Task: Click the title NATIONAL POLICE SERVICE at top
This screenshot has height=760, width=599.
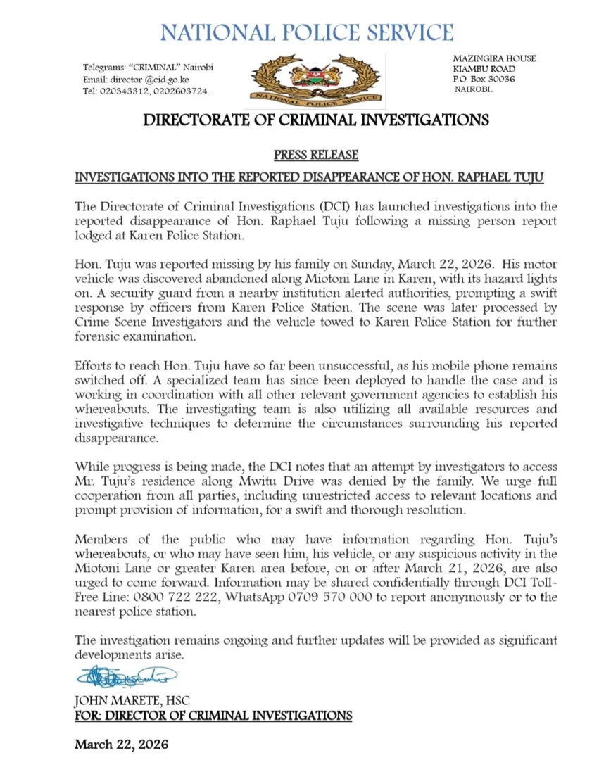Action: coord(307,32)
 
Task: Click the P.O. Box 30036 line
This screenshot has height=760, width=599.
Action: coord(484,80)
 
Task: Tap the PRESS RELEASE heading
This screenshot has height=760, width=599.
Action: coord(316,155)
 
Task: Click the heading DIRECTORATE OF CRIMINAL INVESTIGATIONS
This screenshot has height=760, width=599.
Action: coord(316,120)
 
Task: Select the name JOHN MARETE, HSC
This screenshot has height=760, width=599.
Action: coord(132,702)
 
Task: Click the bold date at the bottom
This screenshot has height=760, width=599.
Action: coord(122,744)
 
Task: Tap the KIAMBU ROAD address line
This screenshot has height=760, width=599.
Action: coord(484,68)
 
